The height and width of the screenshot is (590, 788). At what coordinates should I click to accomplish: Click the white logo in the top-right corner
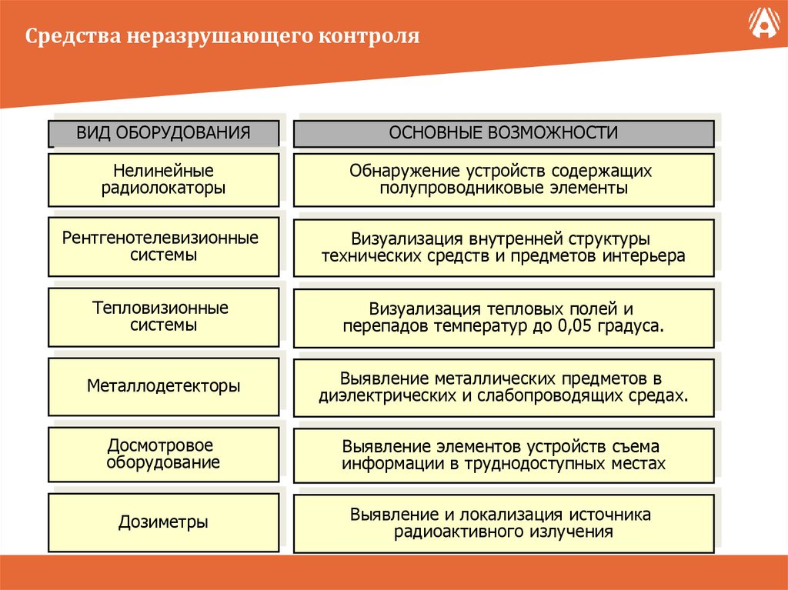click(x=762, y=25)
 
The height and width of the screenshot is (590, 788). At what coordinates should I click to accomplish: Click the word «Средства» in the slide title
click(x=62, y=36)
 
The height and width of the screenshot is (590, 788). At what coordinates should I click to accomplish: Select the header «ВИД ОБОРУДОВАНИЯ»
click(x=163, y=132)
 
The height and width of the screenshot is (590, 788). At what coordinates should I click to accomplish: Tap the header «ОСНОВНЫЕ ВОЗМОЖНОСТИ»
click(x=503, y=132)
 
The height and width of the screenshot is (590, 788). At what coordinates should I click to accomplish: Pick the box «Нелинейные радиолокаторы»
click(x=163, y=179)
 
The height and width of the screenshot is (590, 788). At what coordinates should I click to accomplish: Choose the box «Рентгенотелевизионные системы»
click(x=163, y=246)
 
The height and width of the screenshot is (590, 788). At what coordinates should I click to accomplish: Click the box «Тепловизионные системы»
click(x=163, y=316)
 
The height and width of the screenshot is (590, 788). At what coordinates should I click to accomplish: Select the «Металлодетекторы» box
click(x=163, y=385)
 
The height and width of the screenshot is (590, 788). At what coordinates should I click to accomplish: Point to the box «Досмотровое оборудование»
click(x=163, y=454)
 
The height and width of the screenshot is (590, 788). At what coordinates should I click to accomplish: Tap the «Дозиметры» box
click(x=163, y=522)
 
